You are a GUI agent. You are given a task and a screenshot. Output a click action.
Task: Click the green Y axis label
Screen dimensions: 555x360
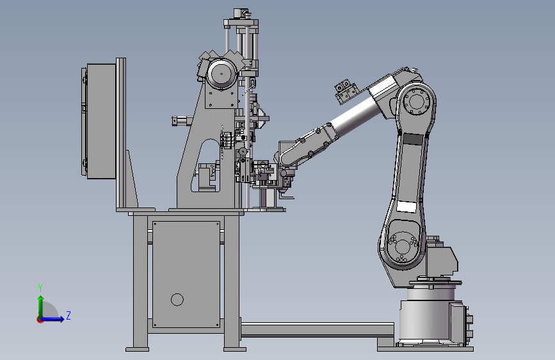point(40,288)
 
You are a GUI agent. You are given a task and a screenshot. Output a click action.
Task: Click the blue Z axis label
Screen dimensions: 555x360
point(68,315)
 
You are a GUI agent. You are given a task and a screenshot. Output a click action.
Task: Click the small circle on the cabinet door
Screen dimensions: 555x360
point(177,300)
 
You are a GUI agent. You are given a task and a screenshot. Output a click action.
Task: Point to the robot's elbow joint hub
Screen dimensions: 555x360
point(416,101)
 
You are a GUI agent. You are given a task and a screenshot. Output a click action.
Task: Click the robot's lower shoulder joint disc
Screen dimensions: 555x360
point(403,245)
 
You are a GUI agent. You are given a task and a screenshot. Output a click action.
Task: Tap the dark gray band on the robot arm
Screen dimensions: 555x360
point(413,138)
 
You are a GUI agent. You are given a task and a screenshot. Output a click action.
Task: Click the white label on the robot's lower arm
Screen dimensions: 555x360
point(406,206)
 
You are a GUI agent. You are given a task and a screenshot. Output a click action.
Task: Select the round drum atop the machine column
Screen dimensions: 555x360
point(222,74)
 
